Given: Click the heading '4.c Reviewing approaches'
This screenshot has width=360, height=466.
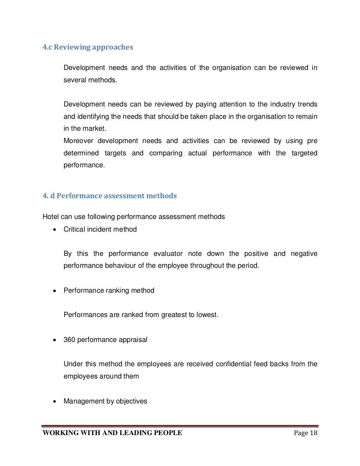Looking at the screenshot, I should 88,47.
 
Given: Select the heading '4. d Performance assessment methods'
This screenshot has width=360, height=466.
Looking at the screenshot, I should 110,196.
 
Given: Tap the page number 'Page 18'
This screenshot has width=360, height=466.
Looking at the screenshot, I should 306,433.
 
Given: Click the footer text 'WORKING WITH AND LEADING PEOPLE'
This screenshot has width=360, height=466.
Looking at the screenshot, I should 112,433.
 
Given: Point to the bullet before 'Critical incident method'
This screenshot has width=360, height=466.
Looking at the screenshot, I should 54,229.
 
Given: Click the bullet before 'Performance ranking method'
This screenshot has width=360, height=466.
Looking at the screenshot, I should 54,291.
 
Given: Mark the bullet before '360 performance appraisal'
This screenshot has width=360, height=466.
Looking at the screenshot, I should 54,340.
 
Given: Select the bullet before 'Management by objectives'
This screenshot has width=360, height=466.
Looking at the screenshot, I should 54,401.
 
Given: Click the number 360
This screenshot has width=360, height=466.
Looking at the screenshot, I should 69,339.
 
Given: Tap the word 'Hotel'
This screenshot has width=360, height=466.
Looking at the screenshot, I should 51,216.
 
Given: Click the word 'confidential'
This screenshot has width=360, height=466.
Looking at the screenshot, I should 233,364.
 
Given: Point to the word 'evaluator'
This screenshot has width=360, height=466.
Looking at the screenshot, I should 168,253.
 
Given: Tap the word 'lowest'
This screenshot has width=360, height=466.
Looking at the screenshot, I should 207,315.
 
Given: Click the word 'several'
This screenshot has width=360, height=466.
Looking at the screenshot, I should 75,80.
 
